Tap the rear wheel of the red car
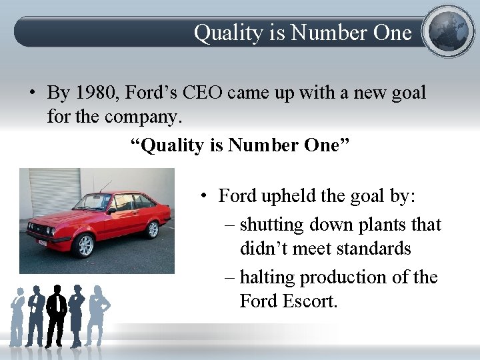click(153, 229)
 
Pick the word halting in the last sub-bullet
click(269, 277)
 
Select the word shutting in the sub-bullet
click(271, 225)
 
